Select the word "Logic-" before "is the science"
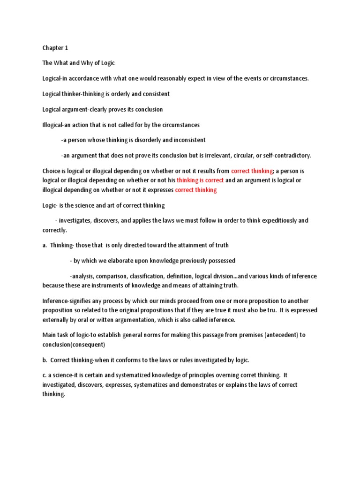click(x=51, y=205)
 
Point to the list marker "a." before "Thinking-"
click(x=45, y=245)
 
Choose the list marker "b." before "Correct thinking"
click(x=45, y=360)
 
